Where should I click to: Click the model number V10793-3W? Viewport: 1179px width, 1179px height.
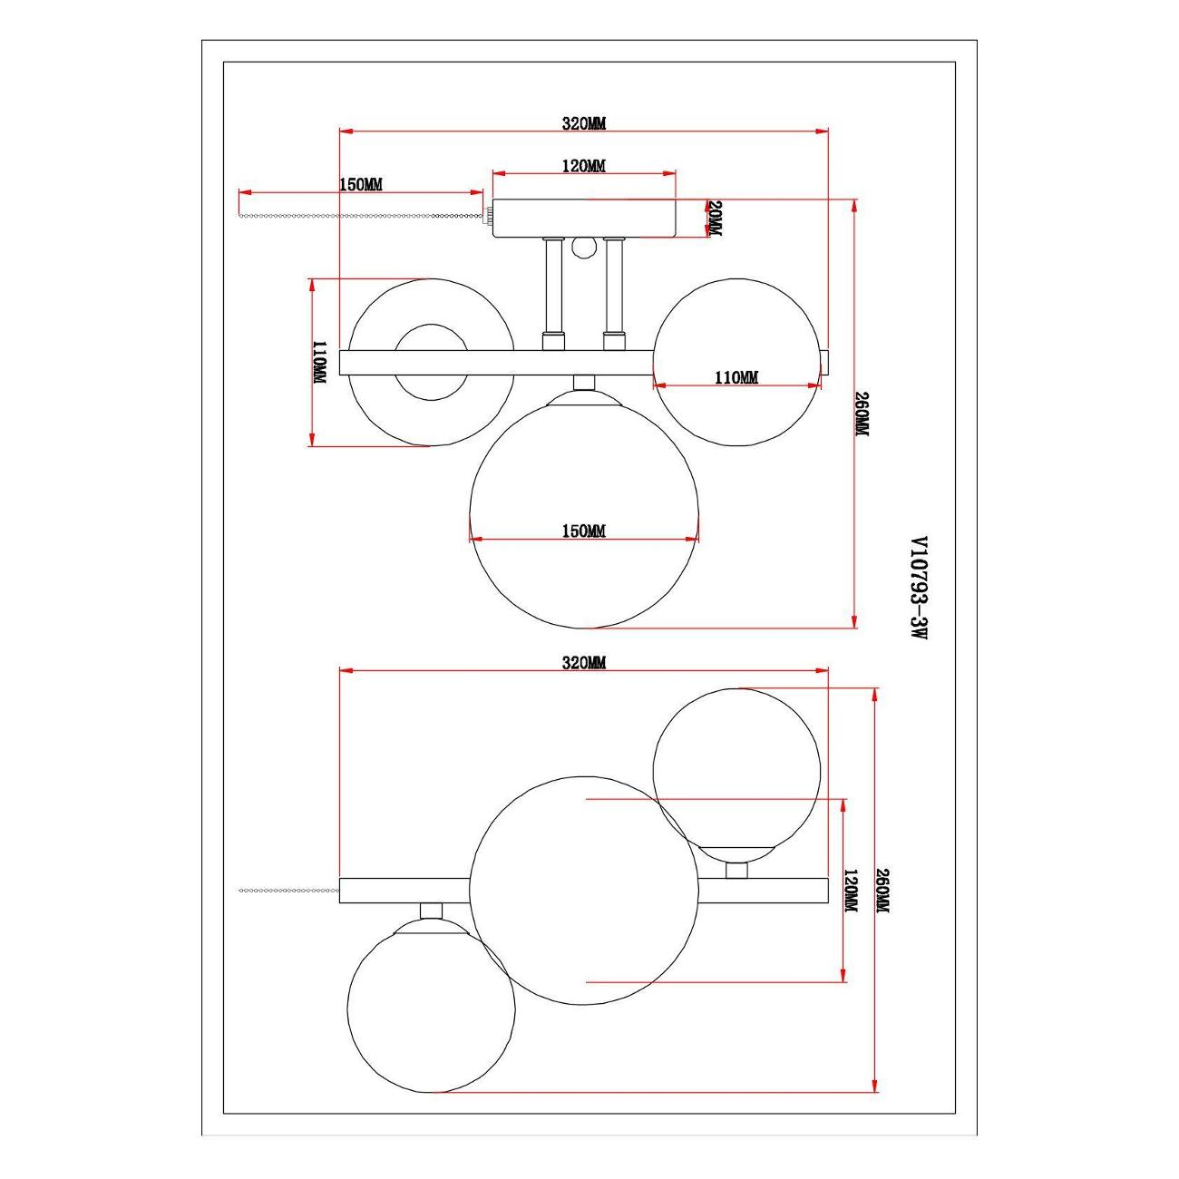(x=919, y=588)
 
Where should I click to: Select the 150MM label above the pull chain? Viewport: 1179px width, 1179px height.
(x=361, y=184)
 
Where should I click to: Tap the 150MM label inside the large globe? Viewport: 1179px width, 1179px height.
(x=584, y=531)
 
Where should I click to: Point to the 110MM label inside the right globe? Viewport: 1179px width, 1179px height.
(x=736, y=377)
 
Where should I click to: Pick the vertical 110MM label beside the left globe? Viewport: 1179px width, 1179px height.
(x=320, y=363)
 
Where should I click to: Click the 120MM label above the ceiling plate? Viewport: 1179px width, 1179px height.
(x=584, y=165)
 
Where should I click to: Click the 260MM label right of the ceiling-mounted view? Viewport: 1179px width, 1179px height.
(x=862, y=414)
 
